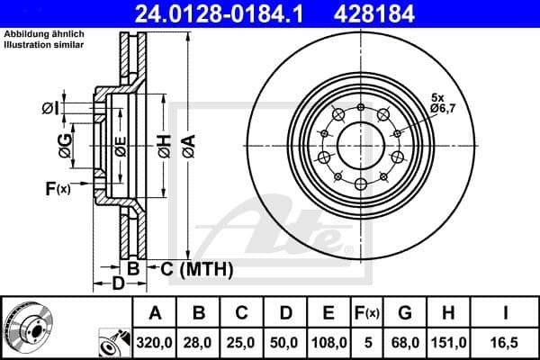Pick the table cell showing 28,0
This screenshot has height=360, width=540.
200,343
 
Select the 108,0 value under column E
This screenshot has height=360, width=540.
328,343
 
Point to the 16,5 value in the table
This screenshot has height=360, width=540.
505,343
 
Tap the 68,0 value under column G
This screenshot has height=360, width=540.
406,343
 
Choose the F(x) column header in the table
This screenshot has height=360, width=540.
367,313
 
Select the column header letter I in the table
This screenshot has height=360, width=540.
505,313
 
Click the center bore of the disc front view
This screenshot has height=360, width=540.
360,145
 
